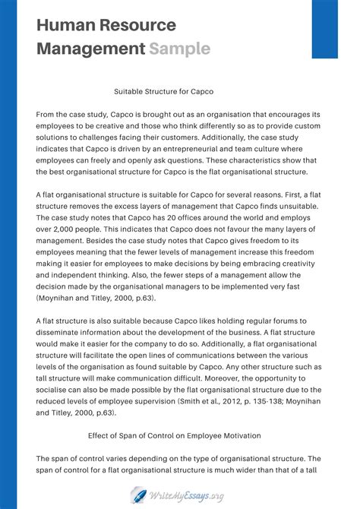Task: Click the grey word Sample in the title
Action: coord(179,49)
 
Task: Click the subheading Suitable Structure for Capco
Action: coord(163,91)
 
